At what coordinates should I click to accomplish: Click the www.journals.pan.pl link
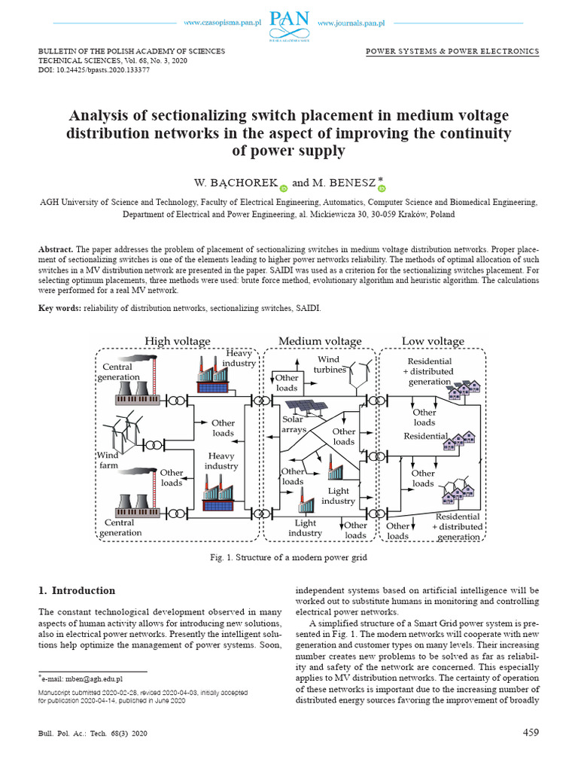point(350,23)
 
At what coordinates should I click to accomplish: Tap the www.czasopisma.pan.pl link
point(225,23)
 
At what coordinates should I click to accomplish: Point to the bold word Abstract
point(56,248)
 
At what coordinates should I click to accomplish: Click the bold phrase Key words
point(59,309)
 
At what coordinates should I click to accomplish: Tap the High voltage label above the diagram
point(178,341)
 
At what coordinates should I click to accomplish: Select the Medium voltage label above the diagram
point(320,341)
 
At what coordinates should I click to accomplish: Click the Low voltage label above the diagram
point(433,341)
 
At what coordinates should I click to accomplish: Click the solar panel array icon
point(320,408)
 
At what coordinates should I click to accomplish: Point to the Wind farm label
point(108,460)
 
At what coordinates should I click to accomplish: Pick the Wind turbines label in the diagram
point(330,365)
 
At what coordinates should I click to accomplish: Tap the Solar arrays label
point(294,425)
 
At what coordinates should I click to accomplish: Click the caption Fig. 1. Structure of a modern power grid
point(289,557)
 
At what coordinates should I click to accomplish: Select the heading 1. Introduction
point(77,590)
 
